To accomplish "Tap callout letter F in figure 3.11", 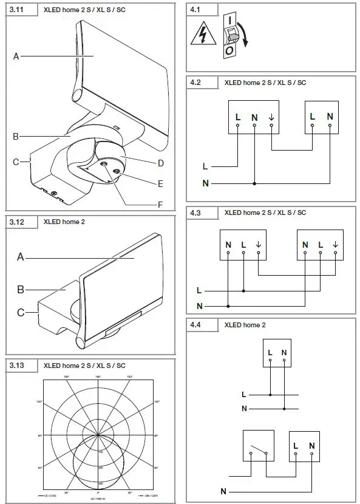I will (x=160, y=205).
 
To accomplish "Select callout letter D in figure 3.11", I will (x=161, y=163).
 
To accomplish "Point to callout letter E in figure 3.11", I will (x=161, y=183).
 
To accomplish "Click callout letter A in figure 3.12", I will (x=21, y=257).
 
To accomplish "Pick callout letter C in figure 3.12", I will (x=21, y=313).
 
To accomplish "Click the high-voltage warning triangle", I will (x=200, y=36).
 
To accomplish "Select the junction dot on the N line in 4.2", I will (x=254, y=183).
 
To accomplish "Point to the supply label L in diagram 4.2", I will (x=205, y=165).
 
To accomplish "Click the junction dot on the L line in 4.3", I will (x=243, y=291).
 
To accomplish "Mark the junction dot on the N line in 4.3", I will (x=228, y=305).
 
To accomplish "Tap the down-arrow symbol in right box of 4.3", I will (x=336, y=245).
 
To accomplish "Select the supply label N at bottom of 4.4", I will (x=223, y=490).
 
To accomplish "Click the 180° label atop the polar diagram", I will (x=97, y=377).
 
